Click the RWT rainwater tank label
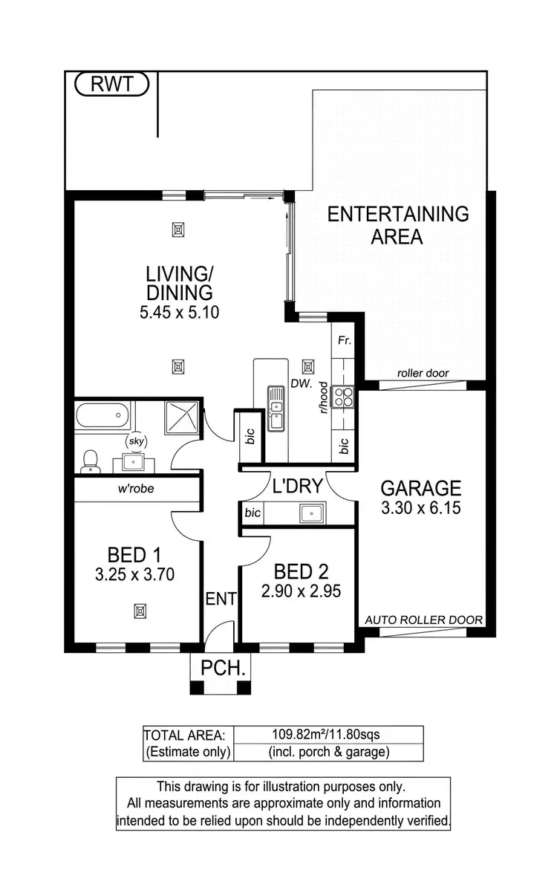point(112,84)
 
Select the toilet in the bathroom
point(90,460)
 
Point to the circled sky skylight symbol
point(136,441)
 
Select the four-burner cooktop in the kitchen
point(344,397)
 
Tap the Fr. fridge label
point(344,341)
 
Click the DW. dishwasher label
point(300,386)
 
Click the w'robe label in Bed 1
point(135,489)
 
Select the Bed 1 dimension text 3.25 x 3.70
point(136,574)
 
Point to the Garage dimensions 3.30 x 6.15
point(421,509)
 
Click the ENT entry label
point(221,598)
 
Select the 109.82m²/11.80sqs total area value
point(328,735)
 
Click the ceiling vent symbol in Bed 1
point(139,611)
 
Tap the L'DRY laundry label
point(297,487)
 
